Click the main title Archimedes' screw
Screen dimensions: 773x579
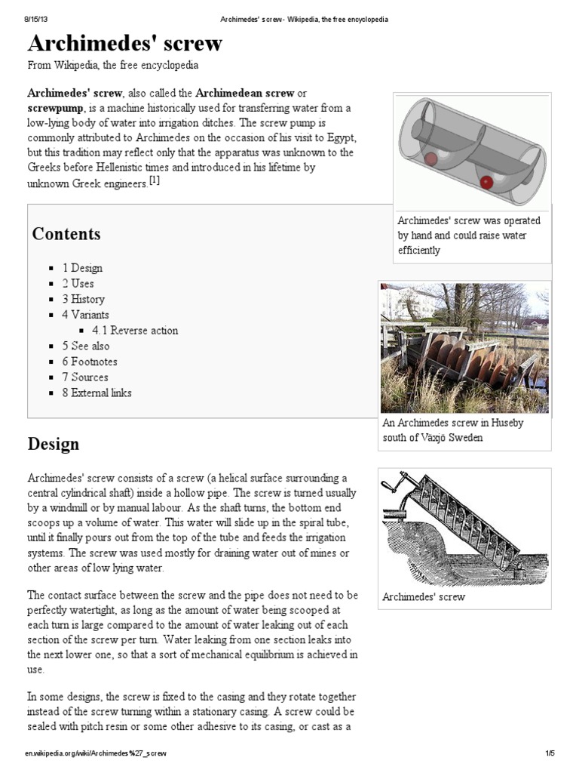pos(125,43)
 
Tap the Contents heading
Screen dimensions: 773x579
pos(66,234)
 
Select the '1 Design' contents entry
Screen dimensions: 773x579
pos(82,268)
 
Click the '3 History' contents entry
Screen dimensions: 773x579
pos(84,299)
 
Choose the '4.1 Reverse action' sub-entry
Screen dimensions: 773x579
pos(135,331)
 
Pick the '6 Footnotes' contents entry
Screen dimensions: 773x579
pos(90,362)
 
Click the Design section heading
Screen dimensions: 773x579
pos(54,444)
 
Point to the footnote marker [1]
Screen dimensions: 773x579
pos(155,180)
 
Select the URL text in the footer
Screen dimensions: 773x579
pos(96,753)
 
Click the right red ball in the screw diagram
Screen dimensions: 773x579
pos(487,182)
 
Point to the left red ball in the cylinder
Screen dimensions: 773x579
pos(430,159)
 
